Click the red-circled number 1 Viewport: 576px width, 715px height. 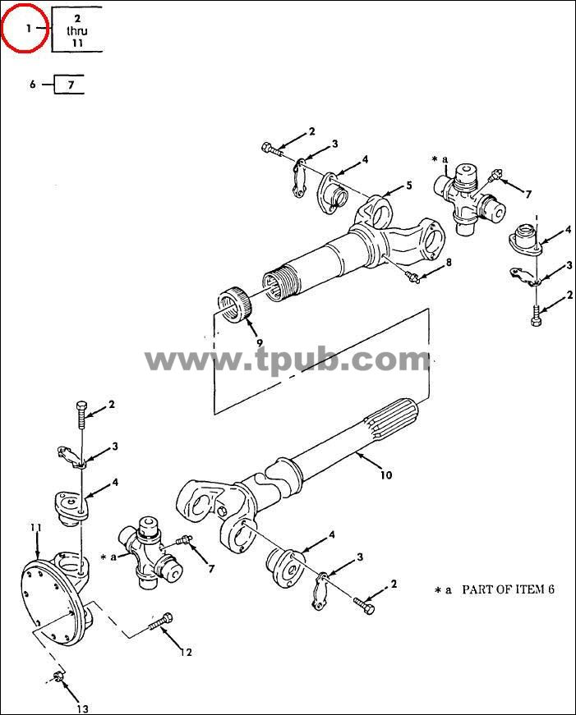(x=28, y=29)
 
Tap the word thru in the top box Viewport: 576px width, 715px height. (x=77, y=31)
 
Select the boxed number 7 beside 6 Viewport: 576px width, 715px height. (x=71, y=85)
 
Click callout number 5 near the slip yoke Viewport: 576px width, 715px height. (x=409, y=186)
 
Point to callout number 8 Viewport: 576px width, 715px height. (x=449, y=262)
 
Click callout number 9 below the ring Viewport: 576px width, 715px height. (x=260, y=343)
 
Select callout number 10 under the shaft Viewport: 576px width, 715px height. (x=386, y=475)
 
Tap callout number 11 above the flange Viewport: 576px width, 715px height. (x=36, y=528)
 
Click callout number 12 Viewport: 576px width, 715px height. (x=186, y=653)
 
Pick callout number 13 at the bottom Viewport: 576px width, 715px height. (x=83, y=708)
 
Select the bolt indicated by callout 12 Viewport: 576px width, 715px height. (x=161, y=622)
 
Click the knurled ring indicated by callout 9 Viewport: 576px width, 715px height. (x=236, y=305)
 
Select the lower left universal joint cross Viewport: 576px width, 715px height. (x=150, y=552)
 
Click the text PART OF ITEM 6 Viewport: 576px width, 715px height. (x=508, y=589)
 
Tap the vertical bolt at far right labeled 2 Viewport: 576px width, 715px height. (x=537, y=314)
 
